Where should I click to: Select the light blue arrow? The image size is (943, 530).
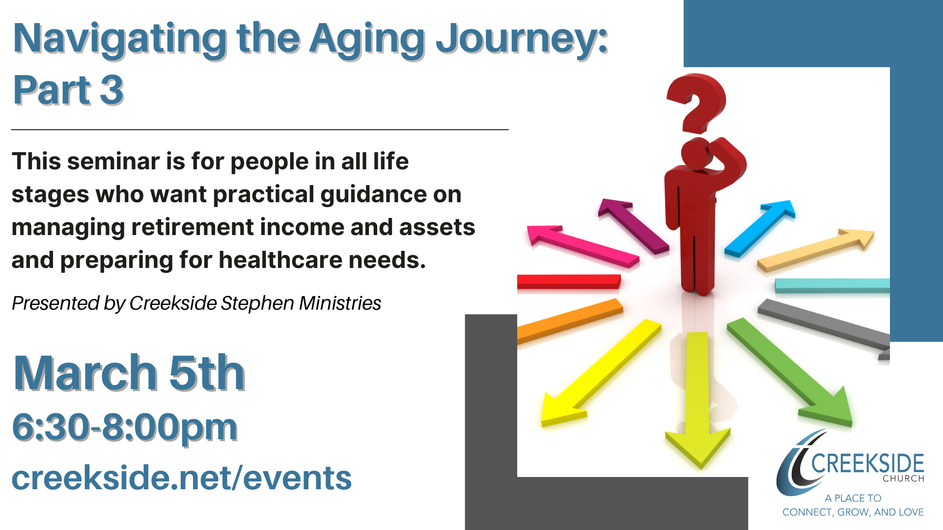point(759,228)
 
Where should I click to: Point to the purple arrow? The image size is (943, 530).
point(634,226)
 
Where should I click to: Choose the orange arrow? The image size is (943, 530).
point(570,321)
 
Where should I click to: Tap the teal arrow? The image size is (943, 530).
point(832,286)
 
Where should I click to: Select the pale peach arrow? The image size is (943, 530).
point(815,250)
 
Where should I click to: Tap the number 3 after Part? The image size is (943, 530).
point(111,90)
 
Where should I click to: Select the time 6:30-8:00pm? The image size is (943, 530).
point(125,427)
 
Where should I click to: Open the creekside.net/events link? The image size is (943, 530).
point(182,478)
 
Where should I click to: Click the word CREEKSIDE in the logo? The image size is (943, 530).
point(867,463)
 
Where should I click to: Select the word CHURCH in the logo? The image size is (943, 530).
point(904,478)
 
